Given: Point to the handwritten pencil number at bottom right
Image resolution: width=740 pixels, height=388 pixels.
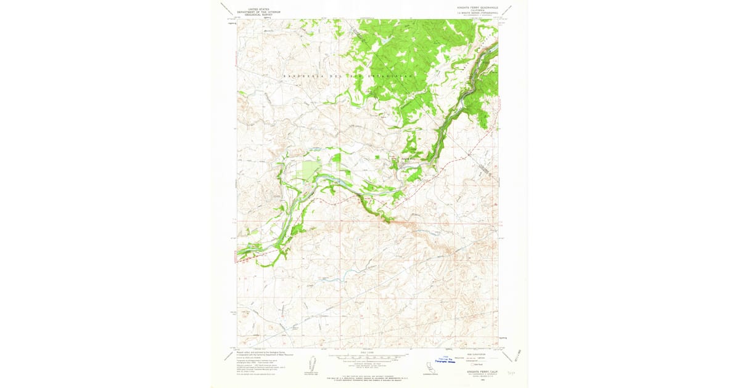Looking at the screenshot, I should [511, 373].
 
